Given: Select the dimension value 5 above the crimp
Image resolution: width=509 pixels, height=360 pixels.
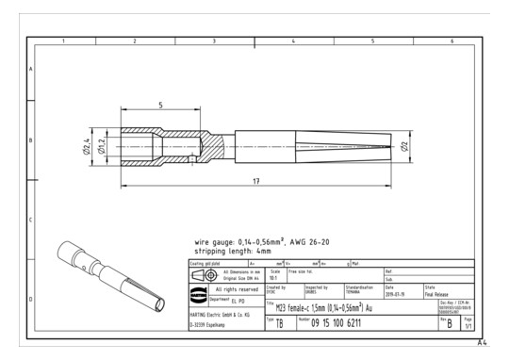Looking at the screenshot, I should click(x=161, y=105).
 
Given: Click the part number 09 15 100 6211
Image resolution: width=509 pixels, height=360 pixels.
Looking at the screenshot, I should click(x=349, y=324).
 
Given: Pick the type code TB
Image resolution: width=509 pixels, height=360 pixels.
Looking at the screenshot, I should click(x=279, y=324).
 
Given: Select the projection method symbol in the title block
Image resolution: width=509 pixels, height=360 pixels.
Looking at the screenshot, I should click(x=203, y=273).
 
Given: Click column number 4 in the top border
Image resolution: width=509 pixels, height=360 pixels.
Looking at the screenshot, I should click(x=293, y=42).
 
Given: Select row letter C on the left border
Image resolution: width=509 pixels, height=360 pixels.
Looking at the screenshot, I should click(x=31, y=221).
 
